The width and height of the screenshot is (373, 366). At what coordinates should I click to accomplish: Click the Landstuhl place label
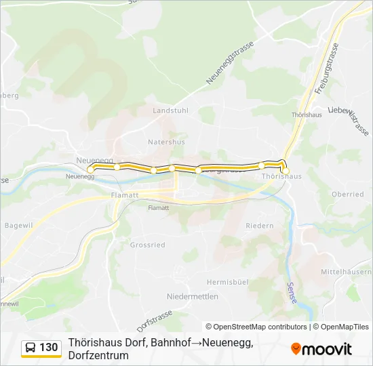point(170,110)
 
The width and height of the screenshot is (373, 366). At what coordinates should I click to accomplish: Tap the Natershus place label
point(166,142)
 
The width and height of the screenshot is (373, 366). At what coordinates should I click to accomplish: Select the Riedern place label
point(259,226)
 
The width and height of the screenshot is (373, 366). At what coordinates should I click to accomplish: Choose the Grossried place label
point(147,245)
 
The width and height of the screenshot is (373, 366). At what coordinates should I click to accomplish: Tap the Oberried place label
point(347,195)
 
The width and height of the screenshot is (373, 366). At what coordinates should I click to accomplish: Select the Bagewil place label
point(18,224)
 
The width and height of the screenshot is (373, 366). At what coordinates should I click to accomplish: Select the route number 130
point(49,348)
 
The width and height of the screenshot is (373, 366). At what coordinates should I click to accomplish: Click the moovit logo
point(321,348)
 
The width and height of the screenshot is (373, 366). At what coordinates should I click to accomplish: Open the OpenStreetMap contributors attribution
point(256,327)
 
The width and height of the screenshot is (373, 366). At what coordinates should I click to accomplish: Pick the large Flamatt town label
point(124,195)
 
